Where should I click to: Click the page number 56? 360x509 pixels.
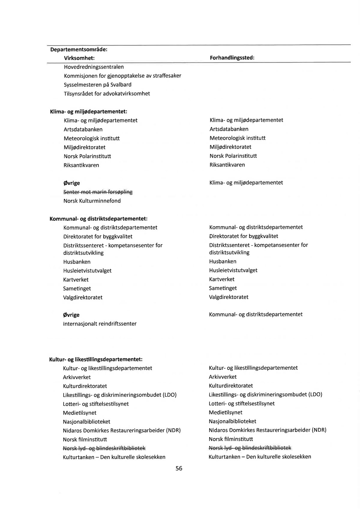pos(179,468)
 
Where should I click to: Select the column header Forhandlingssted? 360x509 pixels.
pos(232,58)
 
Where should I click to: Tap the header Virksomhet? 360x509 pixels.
pos(79,58)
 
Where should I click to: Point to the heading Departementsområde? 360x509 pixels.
pos(79,49)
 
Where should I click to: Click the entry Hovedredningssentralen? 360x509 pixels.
pos(94,67)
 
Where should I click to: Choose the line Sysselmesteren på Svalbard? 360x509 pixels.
pos(97,85)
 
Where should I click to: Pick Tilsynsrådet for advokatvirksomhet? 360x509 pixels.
pos(107,94)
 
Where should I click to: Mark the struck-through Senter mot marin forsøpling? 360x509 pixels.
pos(98,192)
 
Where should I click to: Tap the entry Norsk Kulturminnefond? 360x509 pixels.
pos(92,201)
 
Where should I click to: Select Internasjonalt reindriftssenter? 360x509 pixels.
pos(100,324)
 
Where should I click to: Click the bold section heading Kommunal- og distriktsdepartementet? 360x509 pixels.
pos(98,218)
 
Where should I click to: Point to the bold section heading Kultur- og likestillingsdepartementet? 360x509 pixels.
pos(96,359)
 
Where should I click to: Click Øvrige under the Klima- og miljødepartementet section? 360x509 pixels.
pos(71,183)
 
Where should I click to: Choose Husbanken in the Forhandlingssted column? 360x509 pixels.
pos(223,261)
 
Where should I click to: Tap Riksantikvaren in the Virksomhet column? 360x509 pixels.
pos(81,165)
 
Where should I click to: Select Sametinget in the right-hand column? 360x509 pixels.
pos(223,288)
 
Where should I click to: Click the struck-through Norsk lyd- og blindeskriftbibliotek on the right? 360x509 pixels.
pos(250,448)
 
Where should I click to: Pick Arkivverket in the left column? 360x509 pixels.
pos(77,377)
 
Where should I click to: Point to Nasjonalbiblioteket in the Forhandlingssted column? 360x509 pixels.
pos(232,421)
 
